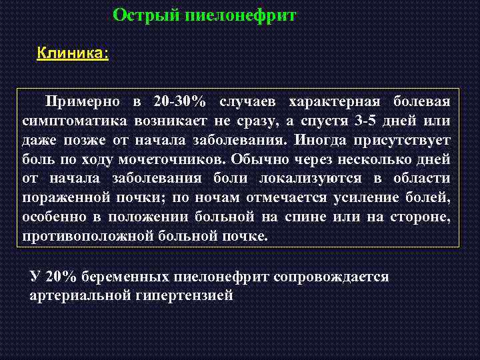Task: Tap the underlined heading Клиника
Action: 73,53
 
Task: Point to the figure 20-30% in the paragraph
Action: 179,102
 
